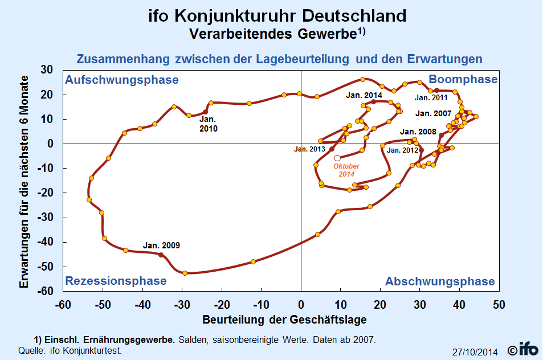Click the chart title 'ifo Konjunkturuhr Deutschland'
click(x=277, y=15)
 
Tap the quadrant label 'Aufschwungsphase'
click(x=122, y=80)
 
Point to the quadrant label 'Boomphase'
click(x=463, y=79)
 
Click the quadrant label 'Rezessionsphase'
click(x=116, y=281)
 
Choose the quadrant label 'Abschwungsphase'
click(x=440, y=281)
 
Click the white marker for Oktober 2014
click(x=337, y=158)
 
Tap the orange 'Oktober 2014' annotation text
click(x=346, y=170)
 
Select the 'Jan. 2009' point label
click(x=161, y=246)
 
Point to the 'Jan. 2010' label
click(x=209, y=124)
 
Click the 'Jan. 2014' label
click(x=364, y=96)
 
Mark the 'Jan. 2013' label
click(x=309, y=149)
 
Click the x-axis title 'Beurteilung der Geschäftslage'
click(x=284, y=318)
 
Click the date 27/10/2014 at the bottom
click(x=475, y=352)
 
